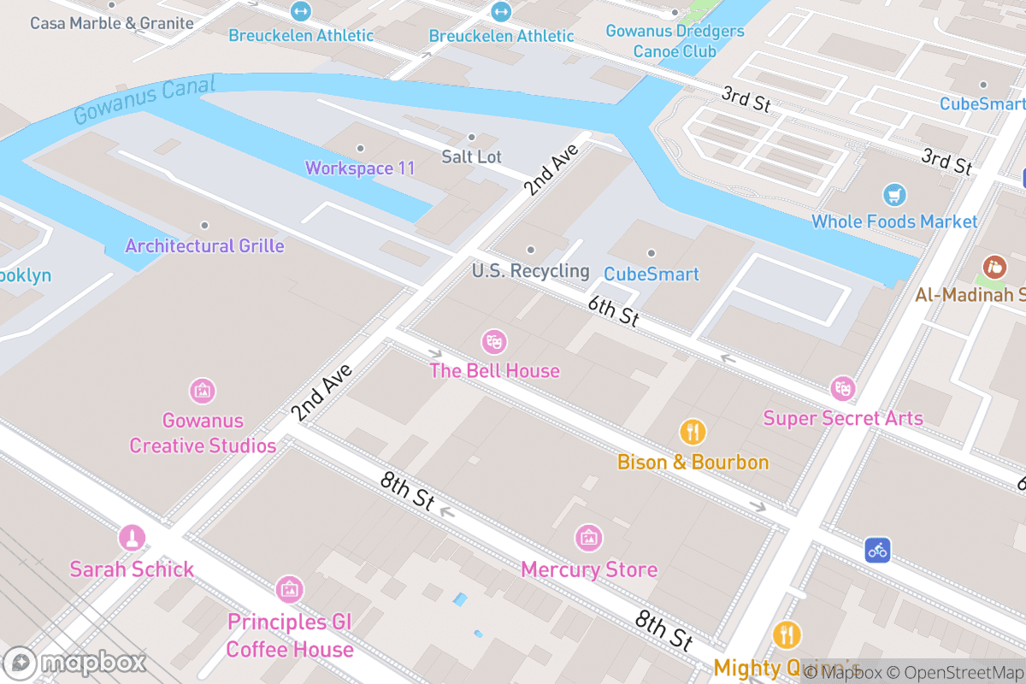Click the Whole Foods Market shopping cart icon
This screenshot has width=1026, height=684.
click(894, 195)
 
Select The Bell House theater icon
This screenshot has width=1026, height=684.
click(493, 342)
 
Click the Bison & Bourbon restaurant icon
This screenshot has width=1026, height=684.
click(693, 432)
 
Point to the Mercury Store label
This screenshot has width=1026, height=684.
click(589, 569)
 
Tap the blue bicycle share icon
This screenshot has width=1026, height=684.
click(877, 549)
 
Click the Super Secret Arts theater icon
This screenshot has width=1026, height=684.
click(842, 389)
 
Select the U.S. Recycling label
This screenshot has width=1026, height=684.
click(530, 271)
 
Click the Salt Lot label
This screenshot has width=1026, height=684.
click(471, 156)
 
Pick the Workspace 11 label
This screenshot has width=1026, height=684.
click(360, 168)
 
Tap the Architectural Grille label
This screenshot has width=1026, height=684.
click(204, 246)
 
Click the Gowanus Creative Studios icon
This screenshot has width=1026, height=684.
click(202, 392)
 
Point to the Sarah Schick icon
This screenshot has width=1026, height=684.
click(132, 538)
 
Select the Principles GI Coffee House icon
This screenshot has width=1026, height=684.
click(289, 589)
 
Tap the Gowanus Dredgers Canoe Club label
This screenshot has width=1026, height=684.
click(675, 41)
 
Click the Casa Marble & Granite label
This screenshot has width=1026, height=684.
click(112, 23)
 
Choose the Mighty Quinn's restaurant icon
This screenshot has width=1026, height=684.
click(787, 635)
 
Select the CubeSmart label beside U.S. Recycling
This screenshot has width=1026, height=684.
click(651, 274)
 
